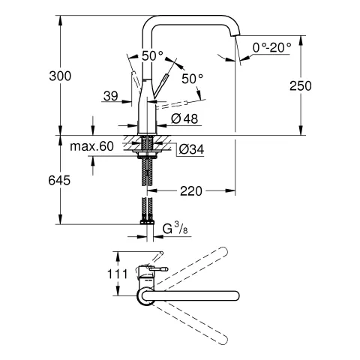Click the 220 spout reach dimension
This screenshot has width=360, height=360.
click(191, 191)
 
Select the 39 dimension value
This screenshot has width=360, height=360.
click(109, 95)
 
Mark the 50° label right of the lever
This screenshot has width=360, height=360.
click(192, 78)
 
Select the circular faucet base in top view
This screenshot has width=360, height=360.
click(145, 295)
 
